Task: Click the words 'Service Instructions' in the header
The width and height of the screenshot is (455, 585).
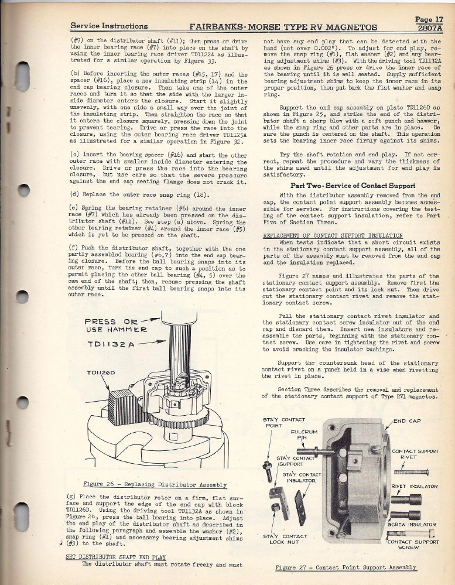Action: tap(109, 26)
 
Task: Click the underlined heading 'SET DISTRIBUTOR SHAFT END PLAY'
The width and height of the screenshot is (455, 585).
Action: tap(116, 557)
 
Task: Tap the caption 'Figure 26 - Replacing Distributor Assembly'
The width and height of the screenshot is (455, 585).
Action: tap(155, 485)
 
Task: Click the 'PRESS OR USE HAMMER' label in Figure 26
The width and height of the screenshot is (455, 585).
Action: tap(112, 325)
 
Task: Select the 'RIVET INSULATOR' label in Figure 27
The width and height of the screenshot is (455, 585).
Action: tap(414, 486)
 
